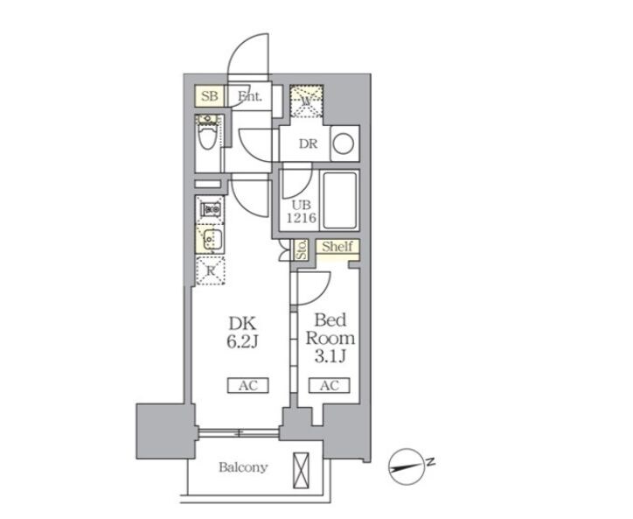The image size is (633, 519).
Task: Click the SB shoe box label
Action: pyautogui.click(x=210, y=96)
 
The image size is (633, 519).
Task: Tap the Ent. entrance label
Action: pyautogui.click(x=250, y=96)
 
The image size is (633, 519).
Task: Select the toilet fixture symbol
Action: pyautogui.click(x=207, y=133)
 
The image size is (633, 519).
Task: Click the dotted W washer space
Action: pyautogui.click(x=307, y=101)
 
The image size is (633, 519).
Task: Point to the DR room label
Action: pyautogui.click(x=308, y=144)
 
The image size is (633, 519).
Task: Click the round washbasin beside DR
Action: pyautogui.click(x=344, y=144)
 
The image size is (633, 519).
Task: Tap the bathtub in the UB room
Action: pyautogui.click(x=340, y=200)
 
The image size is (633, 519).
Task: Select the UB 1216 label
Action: pyautogui.click(x=301, y=212)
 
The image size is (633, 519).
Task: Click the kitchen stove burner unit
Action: pyautogui.click(x=211, y=209)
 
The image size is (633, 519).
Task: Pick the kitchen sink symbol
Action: pyautogui.click(x=211, y=240)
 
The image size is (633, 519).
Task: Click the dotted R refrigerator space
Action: pyautogui.click(x=211, y=270)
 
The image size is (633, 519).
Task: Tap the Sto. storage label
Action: pyautogui.click(x=302, y=249)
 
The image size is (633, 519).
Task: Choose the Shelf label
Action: pyautogui.click(x=337, y=246)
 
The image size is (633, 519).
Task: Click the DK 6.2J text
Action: pyautogui.click(x=242, y=333)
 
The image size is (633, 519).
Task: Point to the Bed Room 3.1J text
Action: pyautogui.click(x=330, y=338)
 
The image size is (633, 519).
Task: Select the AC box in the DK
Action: pyautogui.click(x=248, y=385)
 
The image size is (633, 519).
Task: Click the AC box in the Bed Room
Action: pyautogui.click(x=330, y=385)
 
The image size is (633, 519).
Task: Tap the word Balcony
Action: pyautogui.click(x=243, y=467)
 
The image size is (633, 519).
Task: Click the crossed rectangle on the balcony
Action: pyautogui.click(x=301, y=471)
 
